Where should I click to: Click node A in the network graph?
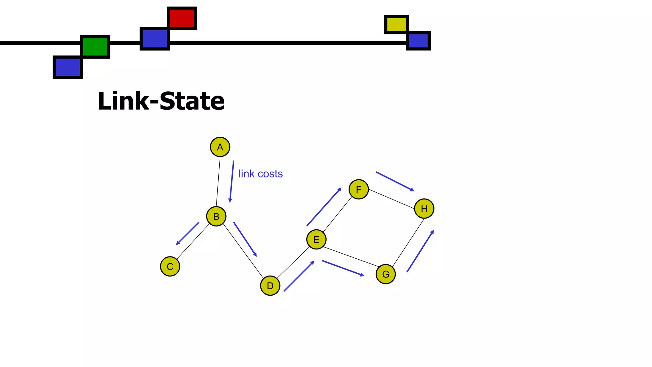coord(220,147)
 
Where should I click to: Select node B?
coord(216,216)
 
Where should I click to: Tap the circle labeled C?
coord(170,266)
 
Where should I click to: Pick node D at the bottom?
coord(270,286)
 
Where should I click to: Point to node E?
coord(316,239)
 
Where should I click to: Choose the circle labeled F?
coord(358,189)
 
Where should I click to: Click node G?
coord(386,274)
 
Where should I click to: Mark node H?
coord(424,209)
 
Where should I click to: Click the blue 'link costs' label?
coord(260,174)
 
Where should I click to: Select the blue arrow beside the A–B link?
coord(232,182)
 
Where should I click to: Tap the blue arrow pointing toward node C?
coord(188,234)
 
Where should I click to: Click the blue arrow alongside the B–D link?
coord(245,239)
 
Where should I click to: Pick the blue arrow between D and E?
coord(299,276)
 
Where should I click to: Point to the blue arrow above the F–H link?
coord(395,182)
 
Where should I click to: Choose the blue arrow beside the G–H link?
coord(420,251)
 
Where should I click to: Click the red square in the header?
coord(182,18)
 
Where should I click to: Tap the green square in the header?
coord(95,47)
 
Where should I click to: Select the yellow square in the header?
coord(396,24)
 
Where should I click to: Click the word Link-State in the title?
coord(161,101)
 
